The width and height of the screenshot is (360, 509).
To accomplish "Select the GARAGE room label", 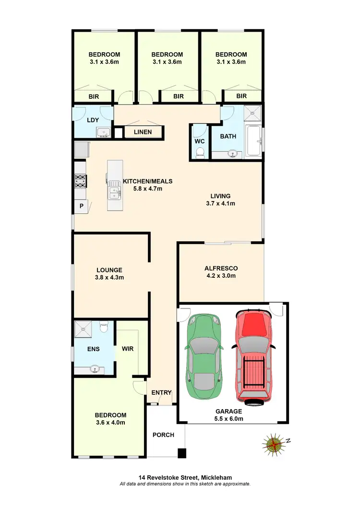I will [x=228, y=411].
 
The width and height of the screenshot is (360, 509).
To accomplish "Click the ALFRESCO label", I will [x=221, y=268].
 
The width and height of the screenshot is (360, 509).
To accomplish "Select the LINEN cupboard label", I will [x=144, y=132].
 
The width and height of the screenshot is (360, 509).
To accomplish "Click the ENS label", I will [x=94, y=349].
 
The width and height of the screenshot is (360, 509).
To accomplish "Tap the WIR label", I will [x=127, y=349].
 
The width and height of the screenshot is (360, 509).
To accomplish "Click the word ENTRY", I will [x=161, y=392].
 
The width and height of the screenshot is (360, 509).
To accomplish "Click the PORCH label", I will [x=163, y=435].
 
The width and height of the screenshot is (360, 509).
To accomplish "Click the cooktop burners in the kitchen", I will [x=79, y=181].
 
